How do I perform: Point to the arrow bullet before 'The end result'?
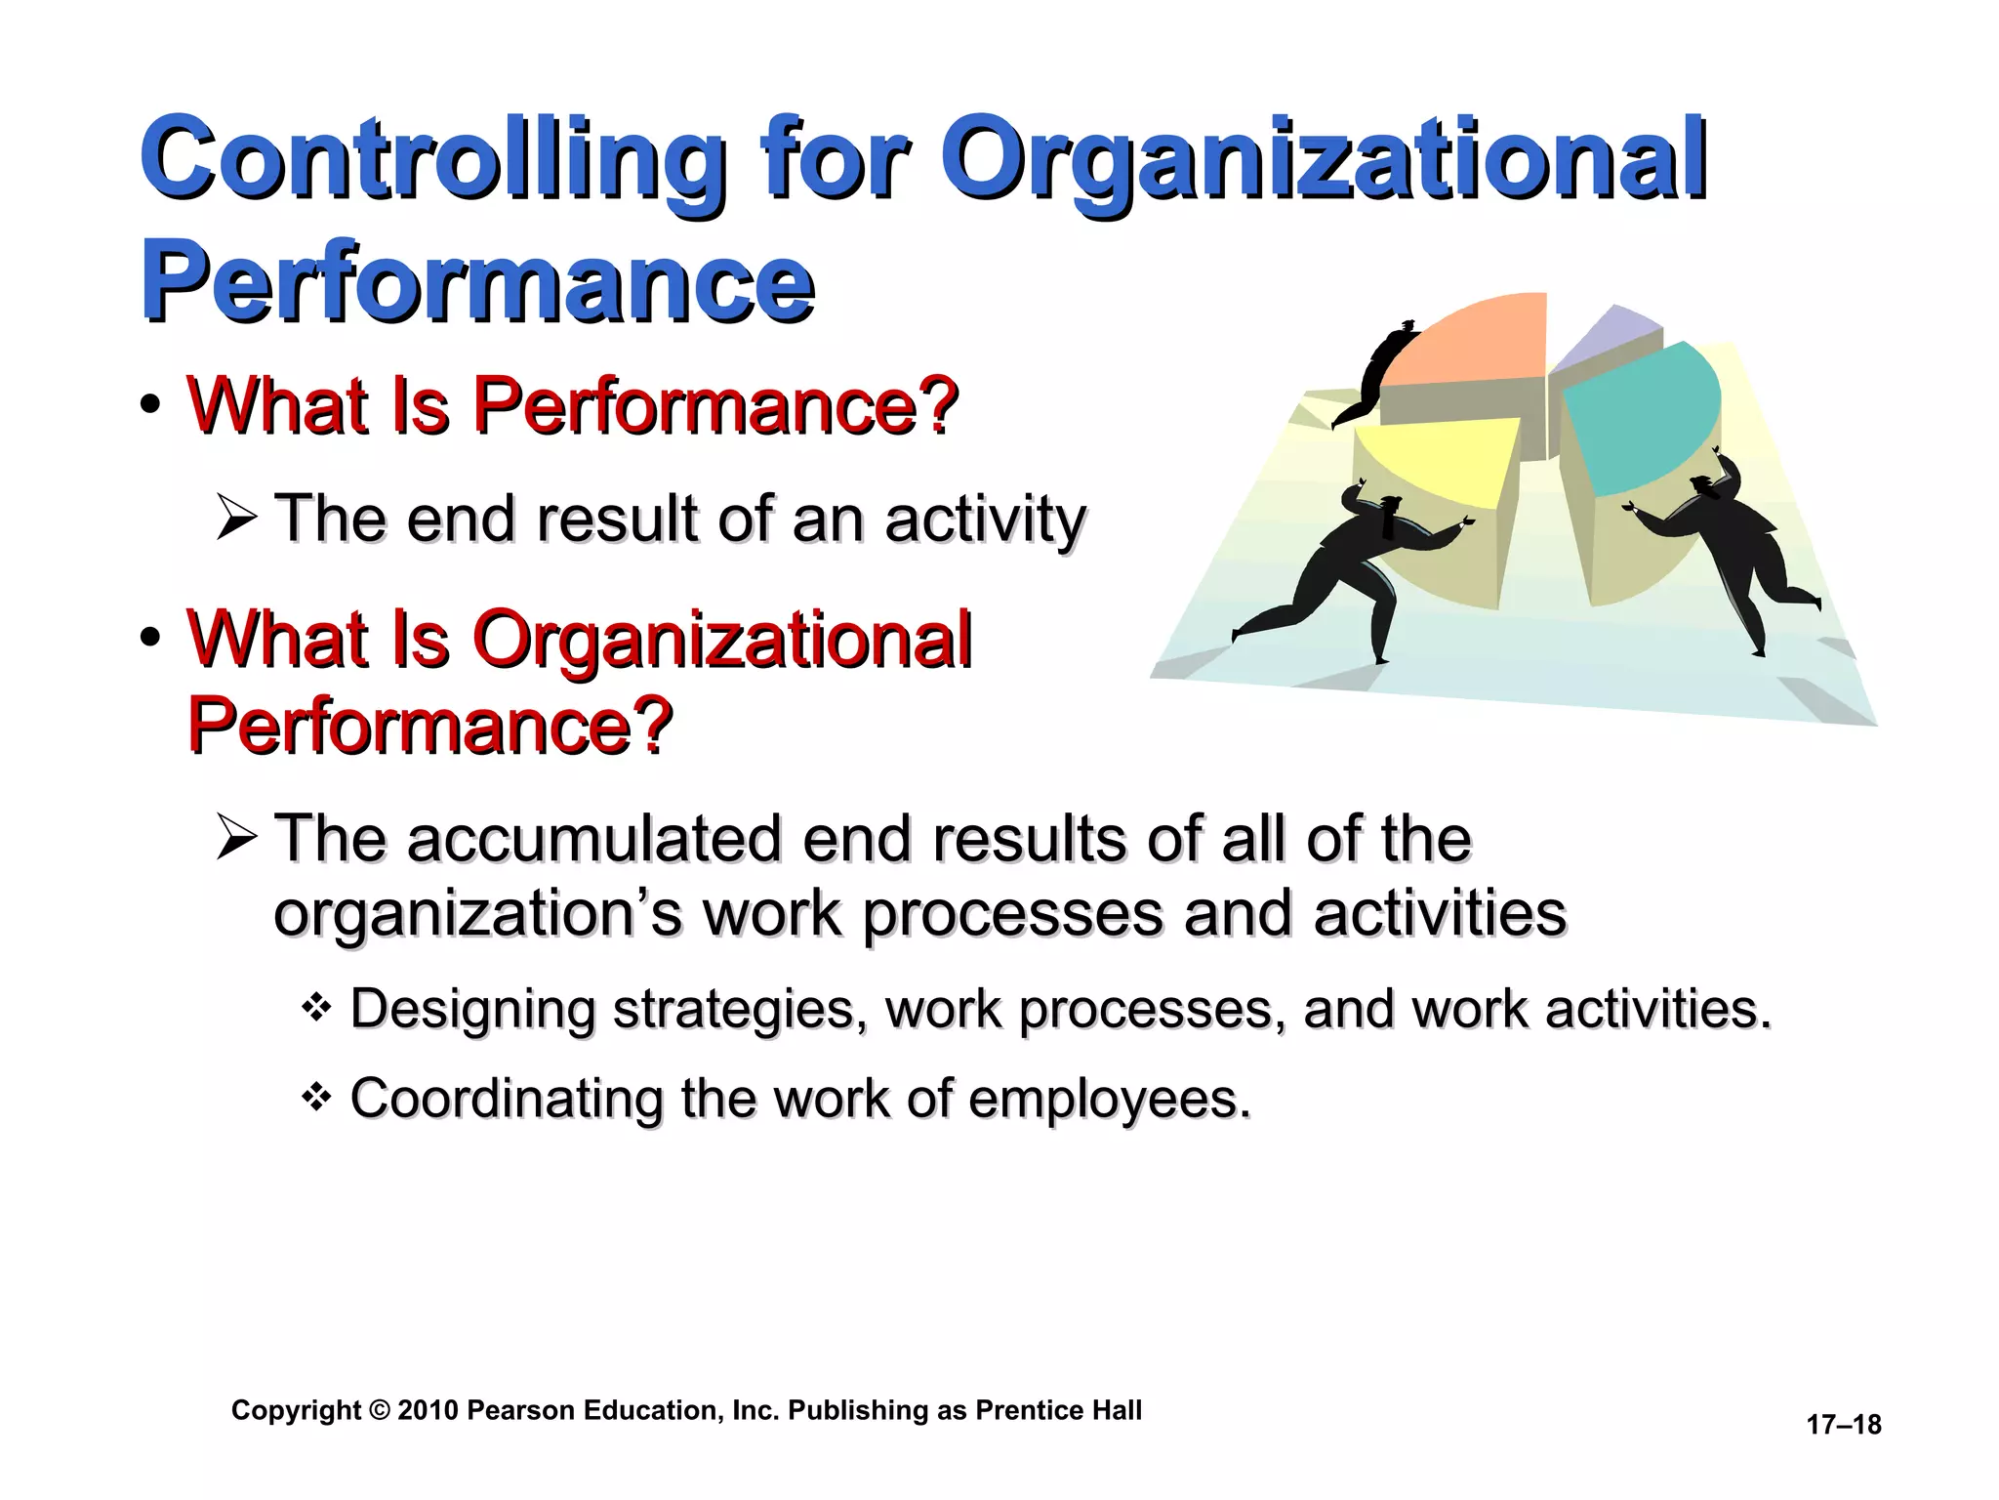point(237,518)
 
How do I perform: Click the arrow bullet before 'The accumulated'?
point(237,838)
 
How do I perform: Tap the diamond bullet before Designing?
point(317,1006)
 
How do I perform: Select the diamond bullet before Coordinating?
point(317,1097)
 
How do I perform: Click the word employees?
point(1109,1099)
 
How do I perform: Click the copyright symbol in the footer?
point(380,1410)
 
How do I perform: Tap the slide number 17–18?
point(1843,1425)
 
